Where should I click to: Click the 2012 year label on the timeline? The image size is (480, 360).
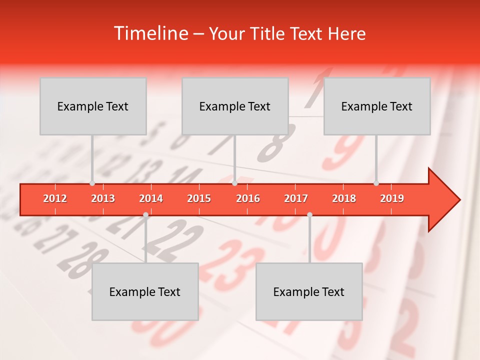click(x=55, y=198)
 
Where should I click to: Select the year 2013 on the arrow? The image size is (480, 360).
click(x=103, y=198)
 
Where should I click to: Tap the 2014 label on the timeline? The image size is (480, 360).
click(x=151, y=198)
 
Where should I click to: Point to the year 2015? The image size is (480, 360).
click(x=199, y=198)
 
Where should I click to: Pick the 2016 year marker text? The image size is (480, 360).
click(x=248, y=198)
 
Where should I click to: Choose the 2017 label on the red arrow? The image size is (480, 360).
click(x=296, y=198)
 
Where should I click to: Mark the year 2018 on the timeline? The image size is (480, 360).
click(x=344, y=198)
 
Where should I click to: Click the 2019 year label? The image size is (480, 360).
click(x=392, y=198)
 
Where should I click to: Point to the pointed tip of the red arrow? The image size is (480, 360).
click(x=458, y=200)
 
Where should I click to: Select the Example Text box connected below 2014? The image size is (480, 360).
click(x=145, y=291)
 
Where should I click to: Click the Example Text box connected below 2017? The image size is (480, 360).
click(x=309, y=291)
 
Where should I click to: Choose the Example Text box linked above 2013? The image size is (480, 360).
click(x=93, y=106)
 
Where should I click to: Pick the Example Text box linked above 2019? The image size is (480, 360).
click(x=377, y=106)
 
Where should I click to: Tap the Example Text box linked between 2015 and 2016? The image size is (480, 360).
click(x=235, y=106)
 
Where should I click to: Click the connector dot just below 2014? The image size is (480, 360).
click(x=145, y=214)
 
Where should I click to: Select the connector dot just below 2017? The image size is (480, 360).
click(x=309, y=214)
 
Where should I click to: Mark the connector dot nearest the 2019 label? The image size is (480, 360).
click(x=376, y=183)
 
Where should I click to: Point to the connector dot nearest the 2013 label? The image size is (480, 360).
click(x=92, y=183)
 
